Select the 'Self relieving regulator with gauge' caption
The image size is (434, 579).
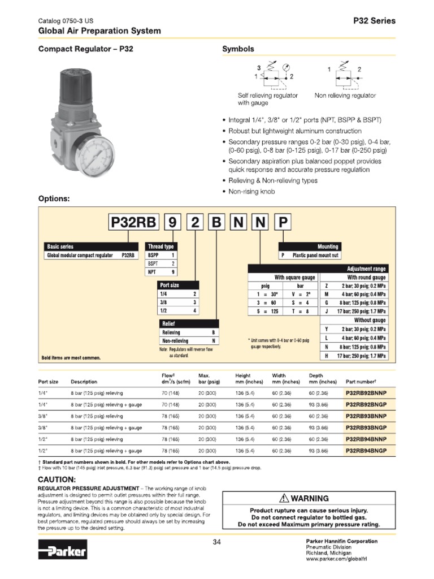pos(268,100)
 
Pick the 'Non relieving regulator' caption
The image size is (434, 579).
pos(345,96)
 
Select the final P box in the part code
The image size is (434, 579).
pos(283,223)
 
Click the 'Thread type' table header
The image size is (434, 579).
pos(161,247)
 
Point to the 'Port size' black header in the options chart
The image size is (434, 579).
pos(170,286)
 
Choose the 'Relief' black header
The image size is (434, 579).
pos(169,324)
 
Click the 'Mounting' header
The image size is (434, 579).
pos(327,247)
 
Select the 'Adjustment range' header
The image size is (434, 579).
pos(366,269)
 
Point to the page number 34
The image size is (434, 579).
pos(217,543)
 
